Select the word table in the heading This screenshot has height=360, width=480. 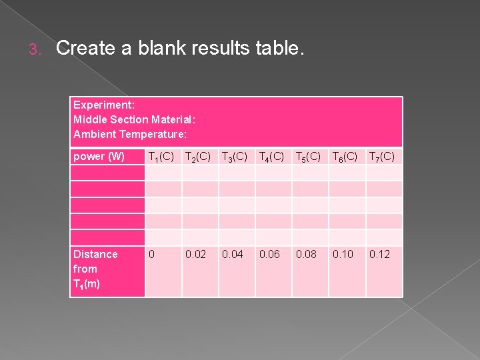tap(280, 48)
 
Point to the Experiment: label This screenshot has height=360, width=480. tap(104, 105)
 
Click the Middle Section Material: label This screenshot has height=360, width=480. tap(134, 120)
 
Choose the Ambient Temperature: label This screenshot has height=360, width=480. tap(130, 135)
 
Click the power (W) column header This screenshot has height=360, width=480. tap(99, 157)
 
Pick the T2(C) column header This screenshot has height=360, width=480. tap(198, 157)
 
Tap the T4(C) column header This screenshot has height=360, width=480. tap(271, 157)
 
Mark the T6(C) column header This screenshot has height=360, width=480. tap(345, 157)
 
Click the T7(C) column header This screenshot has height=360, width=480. tap(382, 157)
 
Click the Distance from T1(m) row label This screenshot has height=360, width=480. tap(95, 269)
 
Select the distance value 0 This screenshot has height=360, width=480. tap(152, 254)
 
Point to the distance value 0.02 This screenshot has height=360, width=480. tap(196, 254)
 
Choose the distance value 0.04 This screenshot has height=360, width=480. tap(233, 254)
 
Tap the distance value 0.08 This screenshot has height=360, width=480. tap(307, 254)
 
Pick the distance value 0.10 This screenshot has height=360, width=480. tap(343, 254)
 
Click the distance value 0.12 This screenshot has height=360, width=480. tap(380, 254)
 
